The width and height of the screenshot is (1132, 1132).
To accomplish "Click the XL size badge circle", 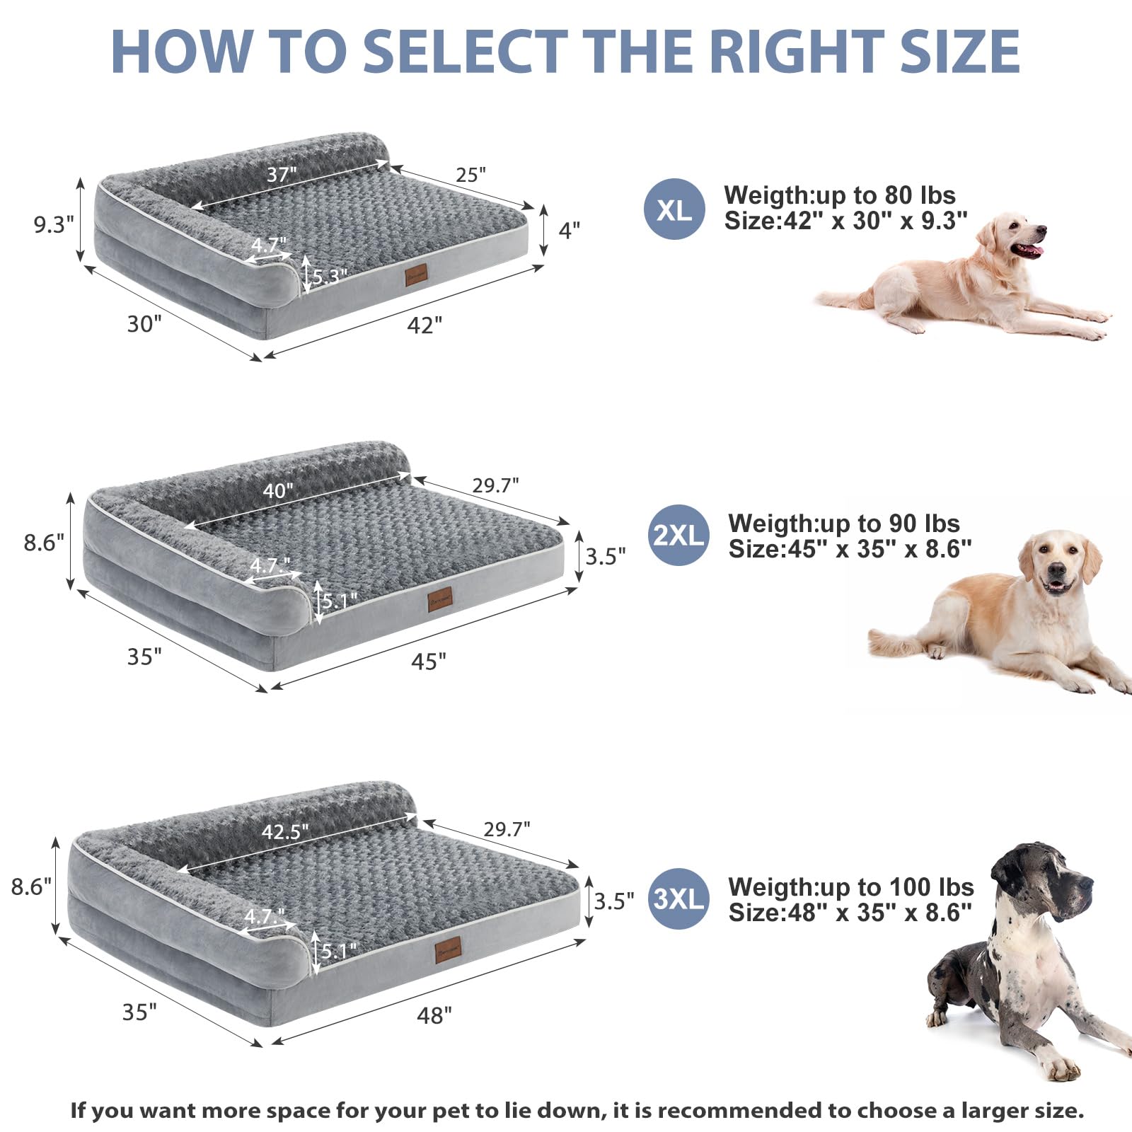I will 674,209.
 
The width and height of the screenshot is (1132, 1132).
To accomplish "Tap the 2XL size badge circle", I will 678,536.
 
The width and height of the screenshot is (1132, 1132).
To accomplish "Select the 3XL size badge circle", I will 678,899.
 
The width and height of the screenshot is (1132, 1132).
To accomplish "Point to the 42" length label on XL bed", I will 424,325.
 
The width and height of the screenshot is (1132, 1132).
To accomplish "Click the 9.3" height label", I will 54,225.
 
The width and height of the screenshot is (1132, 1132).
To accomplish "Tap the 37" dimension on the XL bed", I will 282,174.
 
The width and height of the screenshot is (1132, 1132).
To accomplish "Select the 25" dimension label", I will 470,175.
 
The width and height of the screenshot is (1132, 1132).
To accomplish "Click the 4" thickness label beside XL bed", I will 569,230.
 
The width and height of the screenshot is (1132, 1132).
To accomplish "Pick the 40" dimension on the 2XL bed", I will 278,490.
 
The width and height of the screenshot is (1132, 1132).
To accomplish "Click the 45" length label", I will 429,662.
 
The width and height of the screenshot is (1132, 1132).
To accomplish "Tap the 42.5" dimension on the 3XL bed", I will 285,831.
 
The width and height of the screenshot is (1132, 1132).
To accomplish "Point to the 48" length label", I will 434,1016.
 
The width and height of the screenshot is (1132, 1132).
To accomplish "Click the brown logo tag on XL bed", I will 415,276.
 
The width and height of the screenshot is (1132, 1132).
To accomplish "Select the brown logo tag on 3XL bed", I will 448,949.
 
